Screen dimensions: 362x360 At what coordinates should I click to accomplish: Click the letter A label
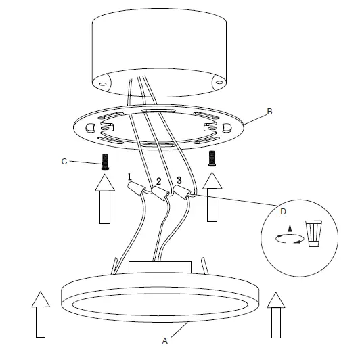pyautogui.click(x=165, y=342)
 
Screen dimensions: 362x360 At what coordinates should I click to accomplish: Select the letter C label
pyautogui.click(x=65, y=162)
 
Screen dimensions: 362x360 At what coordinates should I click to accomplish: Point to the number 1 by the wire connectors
pyautogui.click(x=129, y=177)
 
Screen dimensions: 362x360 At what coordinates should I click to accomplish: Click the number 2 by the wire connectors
pyautogui.click(x=158, y=181)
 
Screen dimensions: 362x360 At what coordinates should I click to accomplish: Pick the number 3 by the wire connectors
pyautogui.click(x=179, y=179)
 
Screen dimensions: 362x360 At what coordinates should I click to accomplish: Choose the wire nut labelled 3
pyautogui.click(x=181, y=192)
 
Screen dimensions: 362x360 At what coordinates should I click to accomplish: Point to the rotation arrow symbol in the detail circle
pyautogui.click(x=290, y=237)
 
